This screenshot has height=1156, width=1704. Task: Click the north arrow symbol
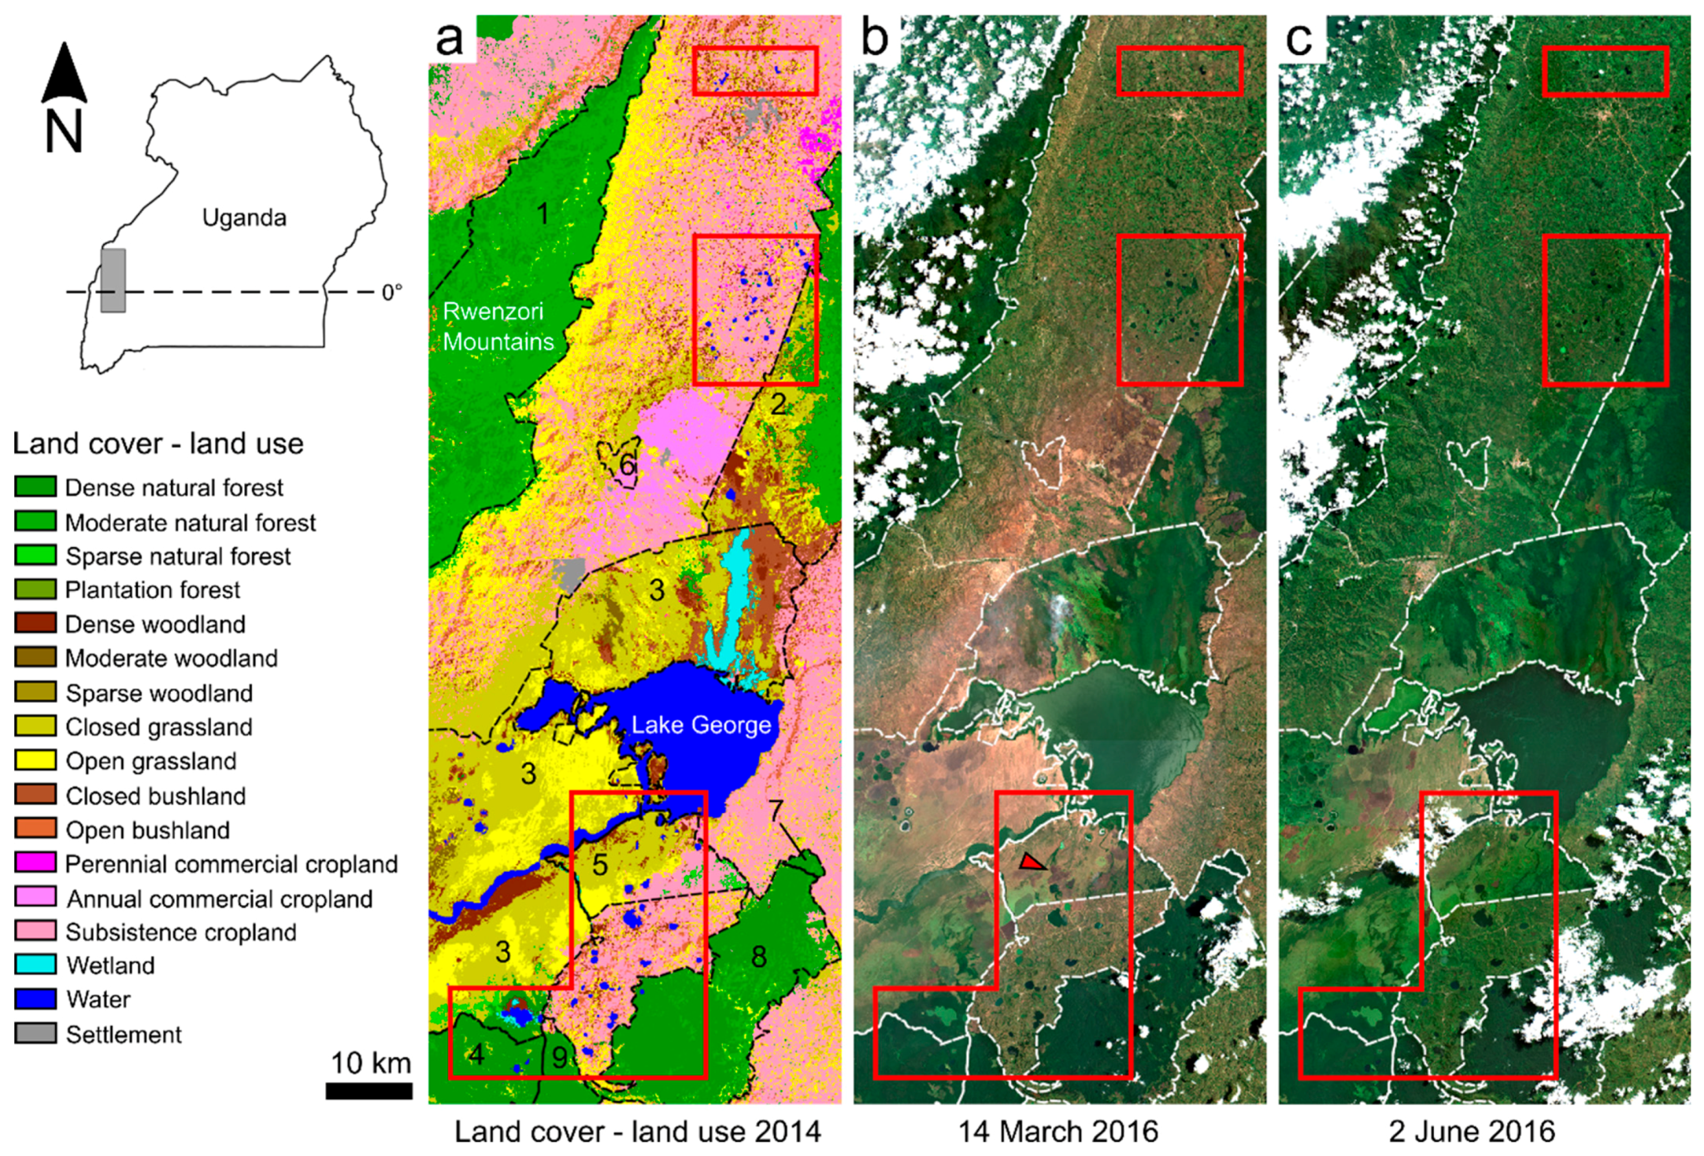pos(64,75)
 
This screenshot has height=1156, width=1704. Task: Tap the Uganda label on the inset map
pos(244,218)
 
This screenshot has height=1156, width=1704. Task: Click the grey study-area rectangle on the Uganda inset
pos(113,280)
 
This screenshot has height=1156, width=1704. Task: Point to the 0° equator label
pos(392,293)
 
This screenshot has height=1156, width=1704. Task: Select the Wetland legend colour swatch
pos(35,965)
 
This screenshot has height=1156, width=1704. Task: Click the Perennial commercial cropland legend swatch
pos(35,863)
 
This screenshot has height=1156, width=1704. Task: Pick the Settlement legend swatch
pos(35,1033)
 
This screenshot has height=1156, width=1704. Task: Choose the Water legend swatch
pos(35,999)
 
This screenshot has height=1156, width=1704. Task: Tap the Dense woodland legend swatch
pos(35,623)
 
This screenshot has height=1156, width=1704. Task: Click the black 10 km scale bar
pos(369,1091)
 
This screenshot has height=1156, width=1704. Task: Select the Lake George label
pos(701,725)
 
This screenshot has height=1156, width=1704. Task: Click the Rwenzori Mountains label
pos(498,327)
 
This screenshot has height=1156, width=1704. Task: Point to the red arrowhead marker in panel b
pos(1032,862)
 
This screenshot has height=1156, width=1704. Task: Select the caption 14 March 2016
pos(1058,1132)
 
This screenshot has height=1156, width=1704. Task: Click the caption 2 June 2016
pos(1471,1132)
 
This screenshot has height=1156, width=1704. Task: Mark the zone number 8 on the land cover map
pos(758,956)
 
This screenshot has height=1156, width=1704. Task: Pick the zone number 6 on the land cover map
pos(627,464)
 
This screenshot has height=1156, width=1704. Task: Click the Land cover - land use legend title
pos(158,444)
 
